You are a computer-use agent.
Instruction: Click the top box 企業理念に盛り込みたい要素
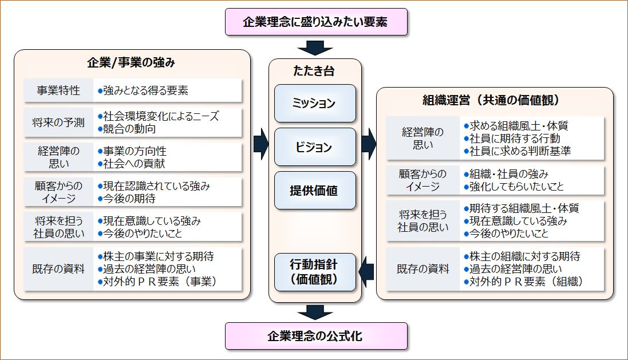point(315,22)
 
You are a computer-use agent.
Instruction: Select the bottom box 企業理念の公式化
point(315,336)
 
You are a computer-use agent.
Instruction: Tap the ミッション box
point(315,104)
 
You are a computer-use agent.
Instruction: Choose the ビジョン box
point(315,147)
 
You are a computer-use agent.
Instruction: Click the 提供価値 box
point(315,191)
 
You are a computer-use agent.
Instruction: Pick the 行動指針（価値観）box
point(315,272)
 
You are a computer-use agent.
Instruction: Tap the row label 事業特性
point(58,90)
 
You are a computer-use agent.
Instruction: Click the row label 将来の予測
point(58,122)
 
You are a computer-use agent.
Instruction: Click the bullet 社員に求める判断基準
point(519,151)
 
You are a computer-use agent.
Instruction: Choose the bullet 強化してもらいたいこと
point(516,187)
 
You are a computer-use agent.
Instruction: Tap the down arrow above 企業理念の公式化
point(315,311)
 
